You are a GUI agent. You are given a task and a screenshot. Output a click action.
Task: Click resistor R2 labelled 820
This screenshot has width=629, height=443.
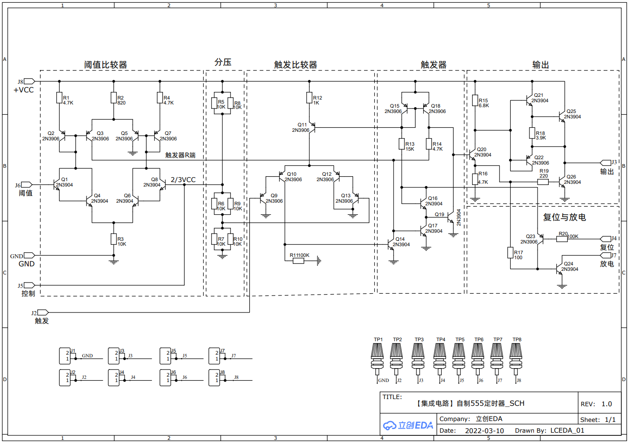(114, 98)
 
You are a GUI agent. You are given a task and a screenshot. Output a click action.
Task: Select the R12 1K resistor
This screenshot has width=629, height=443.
(309, 98)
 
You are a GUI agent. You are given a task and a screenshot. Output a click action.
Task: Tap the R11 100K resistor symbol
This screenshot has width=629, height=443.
(299, 261)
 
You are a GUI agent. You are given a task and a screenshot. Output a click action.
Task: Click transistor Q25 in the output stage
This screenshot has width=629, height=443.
(562, 117)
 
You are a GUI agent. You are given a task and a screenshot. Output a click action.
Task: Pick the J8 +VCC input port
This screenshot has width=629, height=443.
(29, 81)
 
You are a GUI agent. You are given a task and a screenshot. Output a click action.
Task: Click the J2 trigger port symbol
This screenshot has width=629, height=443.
(43, 312)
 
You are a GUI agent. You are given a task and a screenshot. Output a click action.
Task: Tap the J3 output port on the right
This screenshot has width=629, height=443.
(606, 163)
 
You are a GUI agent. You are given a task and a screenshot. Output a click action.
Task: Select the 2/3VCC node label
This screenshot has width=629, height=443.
(183, 180)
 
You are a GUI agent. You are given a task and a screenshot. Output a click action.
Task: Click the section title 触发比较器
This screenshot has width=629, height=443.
(295, 65)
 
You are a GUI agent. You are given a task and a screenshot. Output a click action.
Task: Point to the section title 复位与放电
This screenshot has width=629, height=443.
(564, 217)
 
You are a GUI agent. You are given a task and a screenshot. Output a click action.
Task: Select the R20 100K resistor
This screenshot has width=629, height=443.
(562, 239)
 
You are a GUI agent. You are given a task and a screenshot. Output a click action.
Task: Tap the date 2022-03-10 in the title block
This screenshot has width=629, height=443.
(484, 431)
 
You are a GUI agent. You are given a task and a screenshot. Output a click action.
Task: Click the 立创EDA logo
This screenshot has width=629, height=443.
(408, 425)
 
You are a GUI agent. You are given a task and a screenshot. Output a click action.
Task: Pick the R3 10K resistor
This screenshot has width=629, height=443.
(114, 239)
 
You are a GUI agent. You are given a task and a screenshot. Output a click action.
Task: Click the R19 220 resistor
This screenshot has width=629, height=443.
(543, 182)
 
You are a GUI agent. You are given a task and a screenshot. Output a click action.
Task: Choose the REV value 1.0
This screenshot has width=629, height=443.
(607, 404)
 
